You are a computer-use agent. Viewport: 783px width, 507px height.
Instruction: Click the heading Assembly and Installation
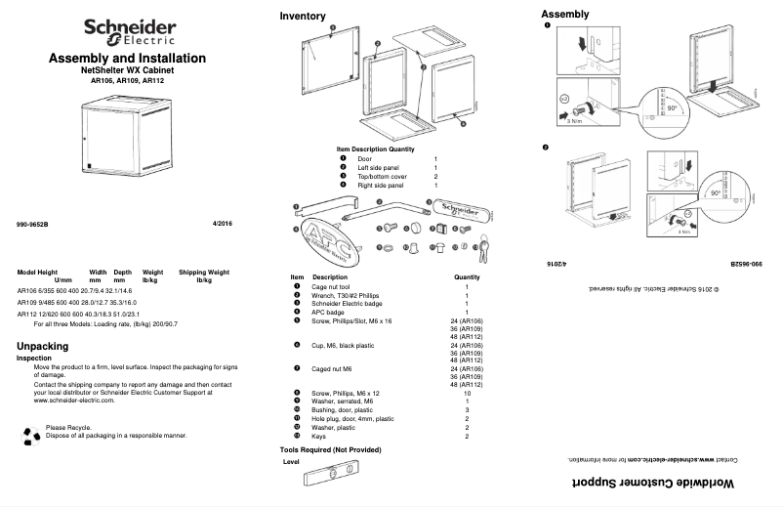tap(127, 60)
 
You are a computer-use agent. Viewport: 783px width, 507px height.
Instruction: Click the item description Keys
tap(320, 437)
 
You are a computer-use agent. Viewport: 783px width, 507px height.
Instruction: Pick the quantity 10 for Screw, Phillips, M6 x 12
tap(467, 392)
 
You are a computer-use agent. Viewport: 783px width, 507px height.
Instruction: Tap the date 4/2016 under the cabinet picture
tap(223, 225)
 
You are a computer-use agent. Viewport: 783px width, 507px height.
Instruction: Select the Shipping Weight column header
tap(204, 272)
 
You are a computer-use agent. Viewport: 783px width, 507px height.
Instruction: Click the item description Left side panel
tap(378, 167)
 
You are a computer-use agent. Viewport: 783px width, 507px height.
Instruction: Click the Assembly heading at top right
tap(564, 14)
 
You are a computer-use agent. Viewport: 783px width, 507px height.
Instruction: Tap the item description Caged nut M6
tap(334, 369)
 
